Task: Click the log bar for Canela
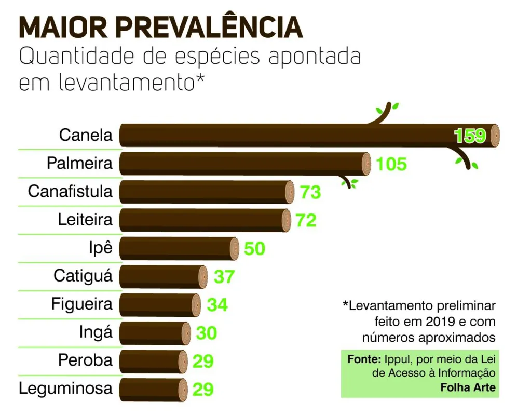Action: point(309,135)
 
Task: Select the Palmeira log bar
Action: point(244,164)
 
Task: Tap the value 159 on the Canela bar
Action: point(470,136)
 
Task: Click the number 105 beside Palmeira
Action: point(391,164)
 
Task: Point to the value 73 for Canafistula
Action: point(310,192)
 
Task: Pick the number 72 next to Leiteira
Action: point(306,220)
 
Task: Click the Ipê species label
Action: point(101,248)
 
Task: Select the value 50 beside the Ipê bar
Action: point(254,248)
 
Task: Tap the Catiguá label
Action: point(83,276)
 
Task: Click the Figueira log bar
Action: point(159,305)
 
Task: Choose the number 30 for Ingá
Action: point(207,333)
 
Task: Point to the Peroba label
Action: point(86,360)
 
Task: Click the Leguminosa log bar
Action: point(153,389)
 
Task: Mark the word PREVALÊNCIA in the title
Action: point(209,27)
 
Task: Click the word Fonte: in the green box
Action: point(364,359)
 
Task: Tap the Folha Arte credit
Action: point(468,387)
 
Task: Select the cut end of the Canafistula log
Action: point(290,192)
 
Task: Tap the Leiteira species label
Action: point(85,219)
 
